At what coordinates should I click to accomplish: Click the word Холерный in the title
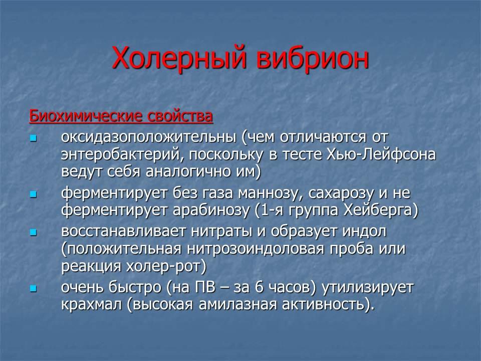(179, 58)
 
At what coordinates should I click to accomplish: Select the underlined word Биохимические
(86, 116)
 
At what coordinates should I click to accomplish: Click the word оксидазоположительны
(149, 137)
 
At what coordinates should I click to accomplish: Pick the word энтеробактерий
(120, 154)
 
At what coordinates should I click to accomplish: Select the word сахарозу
(341, 193)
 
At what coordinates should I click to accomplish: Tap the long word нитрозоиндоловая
(256, 249)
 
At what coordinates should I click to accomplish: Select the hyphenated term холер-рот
(166, 266)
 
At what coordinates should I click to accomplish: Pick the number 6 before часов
(260, 287)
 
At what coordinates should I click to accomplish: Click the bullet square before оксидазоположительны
(34, 138)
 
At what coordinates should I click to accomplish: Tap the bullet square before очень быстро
(34, 289)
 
